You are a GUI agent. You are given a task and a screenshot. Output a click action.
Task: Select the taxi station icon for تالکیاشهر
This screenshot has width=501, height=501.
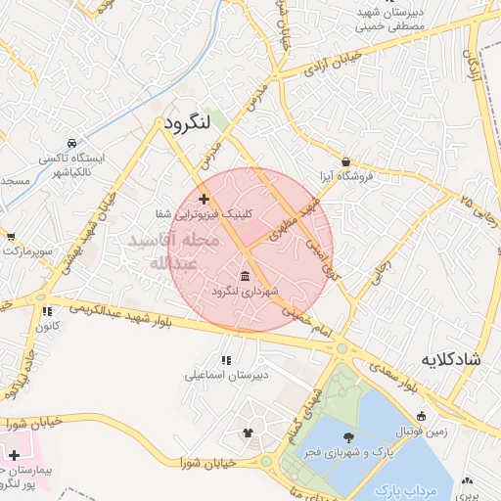[71, 143]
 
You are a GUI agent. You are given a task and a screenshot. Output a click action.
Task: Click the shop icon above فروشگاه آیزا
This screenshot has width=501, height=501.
[346, 161]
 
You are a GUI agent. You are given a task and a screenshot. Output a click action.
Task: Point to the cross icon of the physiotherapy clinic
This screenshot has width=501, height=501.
[204, 199]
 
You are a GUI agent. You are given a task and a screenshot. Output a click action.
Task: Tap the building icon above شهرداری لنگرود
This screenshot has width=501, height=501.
[245, 277]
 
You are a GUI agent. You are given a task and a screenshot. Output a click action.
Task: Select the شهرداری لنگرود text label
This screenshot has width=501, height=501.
[245, 292]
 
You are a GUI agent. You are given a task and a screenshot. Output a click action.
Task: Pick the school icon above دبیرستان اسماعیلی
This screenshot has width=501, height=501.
[227, 360]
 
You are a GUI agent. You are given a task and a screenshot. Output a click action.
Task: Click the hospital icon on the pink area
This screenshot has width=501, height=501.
[14, 455]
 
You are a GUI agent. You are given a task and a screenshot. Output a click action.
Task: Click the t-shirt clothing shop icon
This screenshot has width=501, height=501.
[247, 432]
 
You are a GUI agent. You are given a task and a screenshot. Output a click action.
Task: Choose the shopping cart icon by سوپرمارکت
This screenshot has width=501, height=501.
[10, 237]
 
